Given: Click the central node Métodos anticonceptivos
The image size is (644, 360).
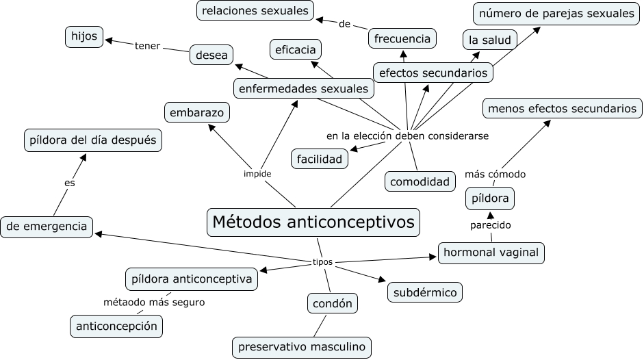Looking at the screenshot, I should tap(313, 222).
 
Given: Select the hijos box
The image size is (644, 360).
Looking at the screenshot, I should tap(85, 37).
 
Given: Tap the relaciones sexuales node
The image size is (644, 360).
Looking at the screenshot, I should tap(256, 10).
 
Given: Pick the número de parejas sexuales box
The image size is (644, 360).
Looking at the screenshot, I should tap(556, 13).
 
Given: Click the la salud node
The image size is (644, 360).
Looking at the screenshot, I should tap(489, 40).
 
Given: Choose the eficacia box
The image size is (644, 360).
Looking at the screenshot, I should tap(295, 49).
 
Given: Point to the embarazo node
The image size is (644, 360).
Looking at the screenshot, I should tap(196, 112).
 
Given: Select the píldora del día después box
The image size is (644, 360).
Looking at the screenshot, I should tap(93, 140).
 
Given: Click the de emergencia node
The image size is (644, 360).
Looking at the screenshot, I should tap(47, 226).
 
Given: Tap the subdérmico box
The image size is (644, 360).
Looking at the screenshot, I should tap(424, 292).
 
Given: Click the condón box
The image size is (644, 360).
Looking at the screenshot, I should tap(332, 303).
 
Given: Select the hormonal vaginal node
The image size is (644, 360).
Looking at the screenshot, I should tap(491, 253).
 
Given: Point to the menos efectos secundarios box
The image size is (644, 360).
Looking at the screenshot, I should tap(563, 108).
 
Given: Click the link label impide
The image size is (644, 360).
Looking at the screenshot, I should tap(257, 174).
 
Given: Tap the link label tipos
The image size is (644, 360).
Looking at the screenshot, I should tap(322, 262).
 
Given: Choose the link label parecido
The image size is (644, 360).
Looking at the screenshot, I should tap(490, 225).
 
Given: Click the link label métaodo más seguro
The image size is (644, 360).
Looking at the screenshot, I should tap(153, 302).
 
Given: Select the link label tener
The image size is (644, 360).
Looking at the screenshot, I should tap(147, 46).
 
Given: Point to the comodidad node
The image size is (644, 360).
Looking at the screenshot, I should tap(420, 181).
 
